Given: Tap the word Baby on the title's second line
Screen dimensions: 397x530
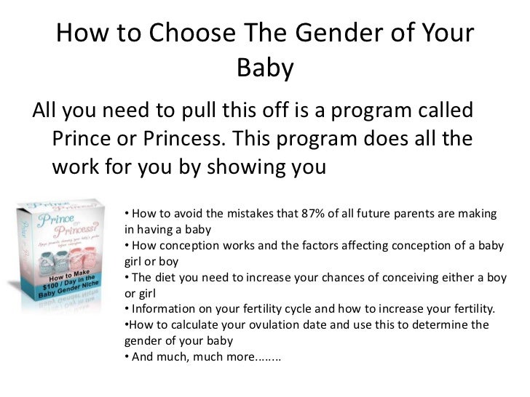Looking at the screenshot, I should tap(265, 69).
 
